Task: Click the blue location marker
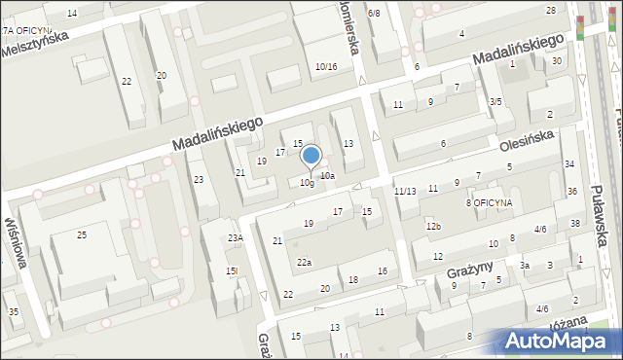click(x=311, y=156)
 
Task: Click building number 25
click(x=82, y=235)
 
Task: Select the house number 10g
click(x=307, y=183)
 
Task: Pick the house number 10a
click(x=328, y=176)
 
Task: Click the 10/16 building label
click(x=326, y=66)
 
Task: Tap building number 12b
click(x=433, y=227)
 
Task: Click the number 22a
click(x=305, y=262)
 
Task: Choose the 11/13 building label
click(x=406, y=192)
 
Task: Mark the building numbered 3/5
click(x=495, y=101)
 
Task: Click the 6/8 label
click(x=374, y=13)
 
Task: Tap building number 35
click(x=14, y=311)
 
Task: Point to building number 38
click(x=575, y=223)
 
